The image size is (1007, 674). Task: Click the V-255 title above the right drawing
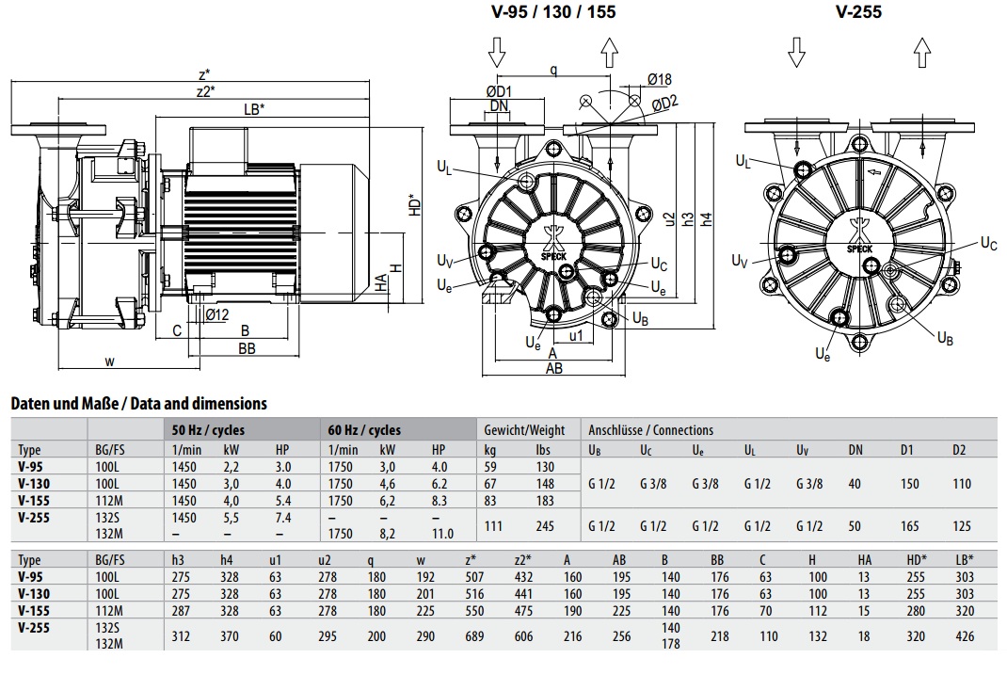858,11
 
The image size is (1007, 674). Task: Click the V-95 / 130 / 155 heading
553,11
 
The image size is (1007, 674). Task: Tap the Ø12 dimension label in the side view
217,314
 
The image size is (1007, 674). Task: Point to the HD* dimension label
415,204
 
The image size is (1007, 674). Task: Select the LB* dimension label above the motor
254,108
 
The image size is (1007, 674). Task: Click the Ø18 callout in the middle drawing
659,79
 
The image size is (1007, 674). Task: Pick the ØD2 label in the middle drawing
664,103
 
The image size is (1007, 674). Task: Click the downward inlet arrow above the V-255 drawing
796,52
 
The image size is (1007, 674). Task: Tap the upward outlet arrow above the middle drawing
609,52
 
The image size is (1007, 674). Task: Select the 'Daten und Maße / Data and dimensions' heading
138,404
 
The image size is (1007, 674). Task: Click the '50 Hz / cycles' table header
208,430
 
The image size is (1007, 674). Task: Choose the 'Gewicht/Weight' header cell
524,430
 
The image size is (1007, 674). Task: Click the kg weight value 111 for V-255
493,526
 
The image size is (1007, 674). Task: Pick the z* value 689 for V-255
474,636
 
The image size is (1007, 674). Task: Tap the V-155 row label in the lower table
34,610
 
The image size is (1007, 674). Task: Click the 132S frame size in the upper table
108,517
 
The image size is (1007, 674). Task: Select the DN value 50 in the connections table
855,526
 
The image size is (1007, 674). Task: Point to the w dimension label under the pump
110,361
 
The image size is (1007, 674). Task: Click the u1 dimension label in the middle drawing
576,335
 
